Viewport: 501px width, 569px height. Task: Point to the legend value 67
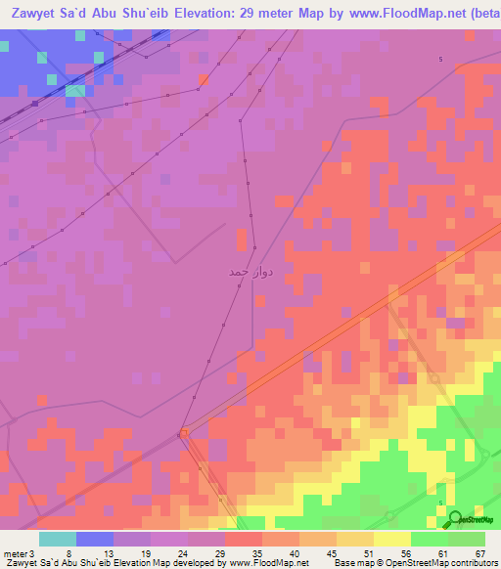(x=479, y=552)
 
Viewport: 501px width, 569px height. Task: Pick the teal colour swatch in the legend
(x=58, y=539)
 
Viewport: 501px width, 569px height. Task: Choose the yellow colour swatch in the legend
(x=391, y=539)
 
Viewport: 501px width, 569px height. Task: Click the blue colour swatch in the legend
(x=95, y=539)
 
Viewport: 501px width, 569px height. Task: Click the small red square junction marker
(x=182, y=433)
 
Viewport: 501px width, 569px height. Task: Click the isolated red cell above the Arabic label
(x=242, y=236)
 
